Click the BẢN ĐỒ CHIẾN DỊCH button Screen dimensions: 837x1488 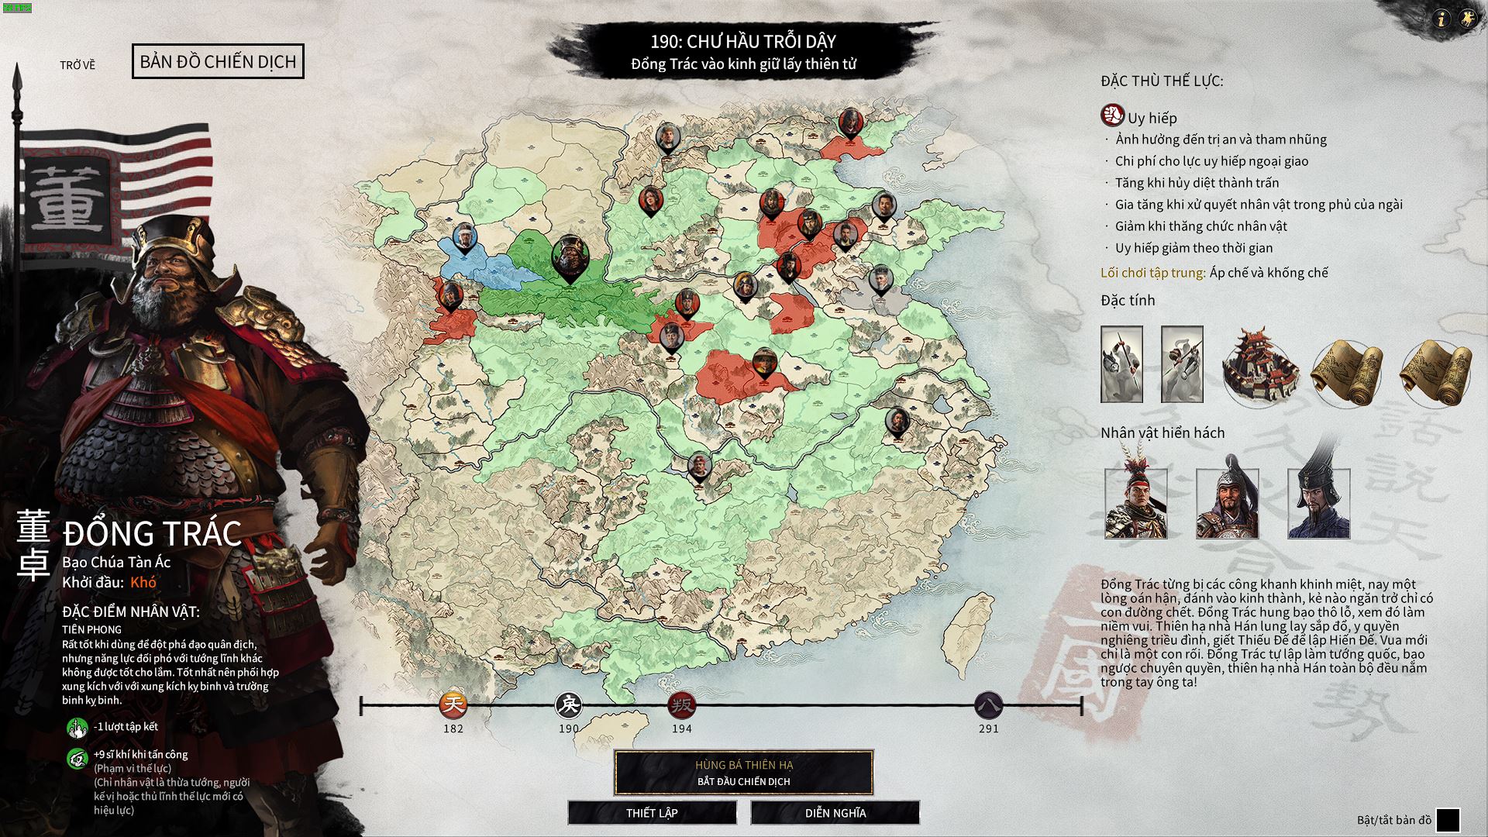[x=218, y=61]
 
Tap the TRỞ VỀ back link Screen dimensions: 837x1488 [x=77, y=65]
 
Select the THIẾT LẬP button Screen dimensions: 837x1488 [x=652, y=812]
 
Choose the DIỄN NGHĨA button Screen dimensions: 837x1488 [x=835, y=812]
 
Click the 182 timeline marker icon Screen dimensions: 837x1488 [x=453, y=704]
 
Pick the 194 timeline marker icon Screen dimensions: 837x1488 [x=682, y=704]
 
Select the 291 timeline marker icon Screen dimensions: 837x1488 [x=988, y=704]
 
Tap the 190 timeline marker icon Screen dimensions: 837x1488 [x=569, y=704]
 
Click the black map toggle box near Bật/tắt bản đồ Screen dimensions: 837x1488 [x=1447, y=819]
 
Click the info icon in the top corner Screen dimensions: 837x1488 [x=1441, y=19]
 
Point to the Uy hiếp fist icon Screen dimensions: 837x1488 [x=1112, y=116]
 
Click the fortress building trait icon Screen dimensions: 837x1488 [x=1260, y=365]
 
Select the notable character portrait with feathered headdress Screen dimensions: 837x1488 [x=1135, y=504]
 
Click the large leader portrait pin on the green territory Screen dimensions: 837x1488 [x=570, y=257]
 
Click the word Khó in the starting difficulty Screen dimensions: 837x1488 [x=143, y=582]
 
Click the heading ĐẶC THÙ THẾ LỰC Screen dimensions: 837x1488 [x=1162, y=81]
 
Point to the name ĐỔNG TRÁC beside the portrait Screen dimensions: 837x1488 [x=153, y=533]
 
